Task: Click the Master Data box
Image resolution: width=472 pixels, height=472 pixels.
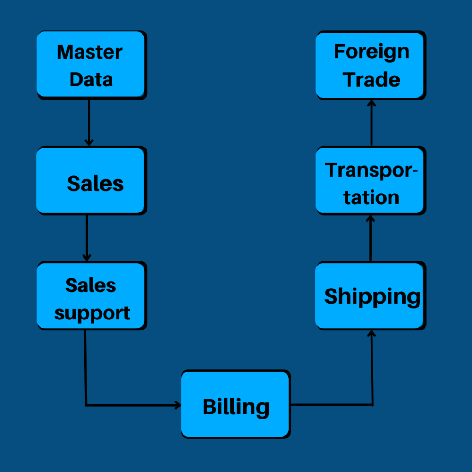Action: [x=91, y=65]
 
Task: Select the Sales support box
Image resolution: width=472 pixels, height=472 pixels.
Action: [x=91, y=295]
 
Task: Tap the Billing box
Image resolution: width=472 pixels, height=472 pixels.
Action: [x=235, y=404]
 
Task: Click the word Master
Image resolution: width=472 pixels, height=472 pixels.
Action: [x=89, y=52]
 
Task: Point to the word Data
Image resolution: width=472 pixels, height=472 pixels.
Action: [x=91, y=79]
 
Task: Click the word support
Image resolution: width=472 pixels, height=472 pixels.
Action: [x=92, y=313]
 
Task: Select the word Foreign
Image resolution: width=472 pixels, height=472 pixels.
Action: [x=372, y=51]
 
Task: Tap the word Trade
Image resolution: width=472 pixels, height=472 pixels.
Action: [x=372, y=79]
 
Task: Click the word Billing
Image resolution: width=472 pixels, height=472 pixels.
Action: [x=236, y=407]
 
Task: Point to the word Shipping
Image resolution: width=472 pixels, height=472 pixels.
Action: [x=372, y=296]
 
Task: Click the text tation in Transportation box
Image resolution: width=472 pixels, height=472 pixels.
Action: [x=372, y=198]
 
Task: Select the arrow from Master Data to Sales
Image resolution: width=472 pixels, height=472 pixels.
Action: [x=89, y=122]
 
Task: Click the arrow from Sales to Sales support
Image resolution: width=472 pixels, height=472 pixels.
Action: [x=87, y=237]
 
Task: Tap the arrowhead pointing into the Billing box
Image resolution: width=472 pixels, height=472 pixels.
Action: [x=177, y=405]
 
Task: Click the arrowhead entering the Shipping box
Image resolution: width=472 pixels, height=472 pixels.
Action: [x=372, y=333]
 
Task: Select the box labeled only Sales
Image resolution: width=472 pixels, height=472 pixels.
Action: [x=91, y=180]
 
